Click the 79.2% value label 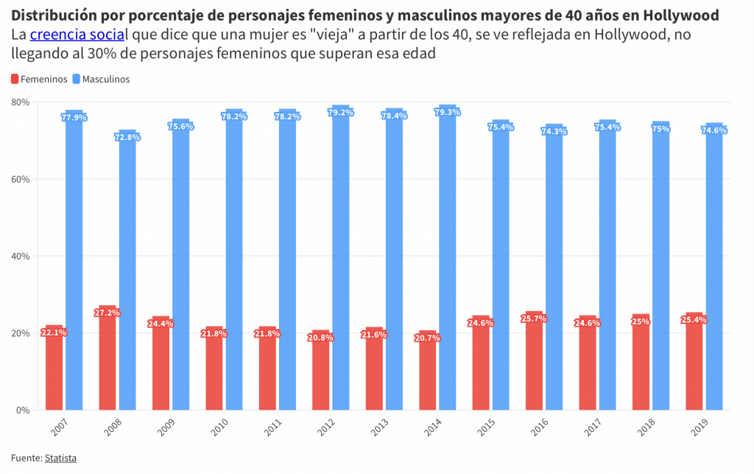pyautogui.click(x=341, y=113)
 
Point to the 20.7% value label pyautogui.click(x=428, y=338)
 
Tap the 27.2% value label pyautogui.click(x=108, y=313)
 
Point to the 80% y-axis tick pyautogui.click(x=21, y=102)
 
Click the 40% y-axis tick pyautogui.click(x=21, y=257)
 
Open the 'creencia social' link pyautogui.click(x=77, y=35)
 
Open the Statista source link pyautogui.click(x=60, y=458)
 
